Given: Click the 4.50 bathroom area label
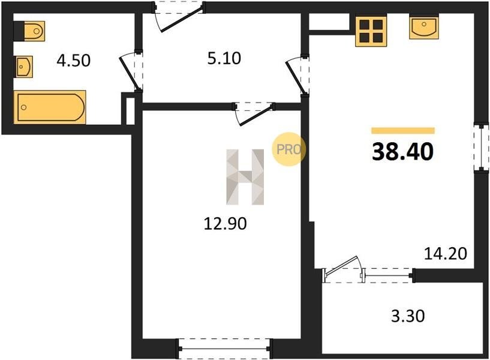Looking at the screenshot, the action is point(74,61).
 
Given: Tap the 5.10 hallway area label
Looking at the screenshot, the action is point(224,58).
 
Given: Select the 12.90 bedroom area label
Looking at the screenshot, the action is point(225,224).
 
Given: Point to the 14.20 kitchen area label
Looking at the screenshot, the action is point(445,253).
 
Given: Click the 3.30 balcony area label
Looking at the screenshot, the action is point(408,316).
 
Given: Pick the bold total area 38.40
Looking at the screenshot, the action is point(403,152).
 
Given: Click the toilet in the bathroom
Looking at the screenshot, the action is point(29,31).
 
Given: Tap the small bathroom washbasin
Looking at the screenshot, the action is point(23,67).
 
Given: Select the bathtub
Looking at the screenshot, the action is point(50,107).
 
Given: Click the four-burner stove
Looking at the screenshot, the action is point(371,31).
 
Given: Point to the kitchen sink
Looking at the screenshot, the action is point(424,28).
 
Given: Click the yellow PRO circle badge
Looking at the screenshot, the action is point(288,149).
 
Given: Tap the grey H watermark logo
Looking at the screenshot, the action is point(245,177).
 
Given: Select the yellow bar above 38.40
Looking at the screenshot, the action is point(403,131).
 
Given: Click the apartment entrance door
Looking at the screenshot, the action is point(179,16).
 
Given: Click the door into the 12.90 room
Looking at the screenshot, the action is point(254,114).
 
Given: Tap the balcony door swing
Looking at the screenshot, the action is point(343,268).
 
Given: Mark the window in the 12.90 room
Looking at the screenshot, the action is point(224,349).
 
